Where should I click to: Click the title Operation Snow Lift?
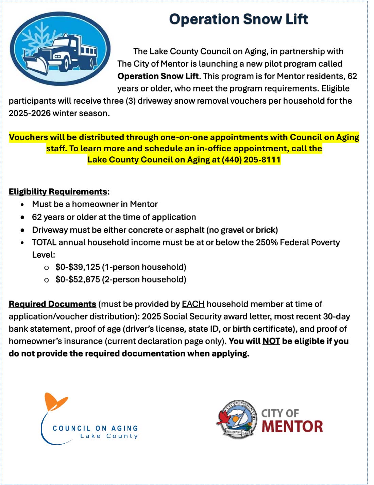pos(238,19)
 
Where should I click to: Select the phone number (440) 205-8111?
pos(251,160)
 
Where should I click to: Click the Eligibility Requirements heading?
pos(58,192)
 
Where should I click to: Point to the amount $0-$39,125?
pos(78,267)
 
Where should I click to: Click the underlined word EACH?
pos(193,304)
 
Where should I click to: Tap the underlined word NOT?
pos(271,341)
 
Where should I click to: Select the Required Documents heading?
pos(52,304)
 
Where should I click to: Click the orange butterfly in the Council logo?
pos(55,402)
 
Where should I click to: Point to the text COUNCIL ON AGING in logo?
pos(95,428)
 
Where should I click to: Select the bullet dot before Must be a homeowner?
pos(22,205)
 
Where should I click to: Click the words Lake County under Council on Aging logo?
pos(109,436)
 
